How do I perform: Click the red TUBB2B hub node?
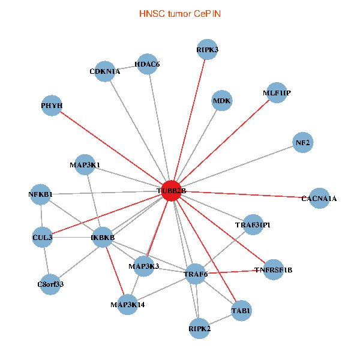(172, 190)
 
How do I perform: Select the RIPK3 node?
(208, 50)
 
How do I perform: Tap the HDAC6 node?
(147, 64)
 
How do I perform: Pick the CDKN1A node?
(105, 71)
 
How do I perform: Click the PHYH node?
(52, 106)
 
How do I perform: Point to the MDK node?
(222, 100)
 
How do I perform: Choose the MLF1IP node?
(277, 93)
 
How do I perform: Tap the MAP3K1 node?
(85, 164)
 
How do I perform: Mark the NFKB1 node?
(41, 194)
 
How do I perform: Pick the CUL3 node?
(43, 237)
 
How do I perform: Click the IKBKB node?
(103, 238)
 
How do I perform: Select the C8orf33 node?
(50, 284)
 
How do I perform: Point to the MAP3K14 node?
(128, 304)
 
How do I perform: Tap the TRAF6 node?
(196, 274)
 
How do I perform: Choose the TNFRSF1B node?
(274, 269)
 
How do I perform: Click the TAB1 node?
(241, 310)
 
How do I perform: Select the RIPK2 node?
(199, 329)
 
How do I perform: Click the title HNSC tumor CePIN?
(179, 13)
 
